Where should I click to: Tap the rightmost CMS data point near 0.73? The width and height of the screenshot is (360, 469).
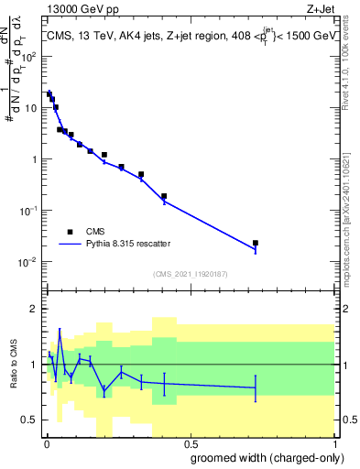pos(256,243)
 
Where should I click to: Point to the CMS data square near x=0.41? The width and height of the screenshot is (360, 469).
pos(164,196)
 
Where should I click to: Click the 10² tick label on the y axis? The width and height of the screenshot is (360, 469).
pos(28,57)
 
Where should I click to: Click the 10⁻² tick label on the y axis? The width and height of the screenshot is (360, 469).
pos(27,262)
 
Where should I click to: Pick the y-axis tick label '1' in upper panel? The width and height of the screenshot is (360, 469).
pos(33,159)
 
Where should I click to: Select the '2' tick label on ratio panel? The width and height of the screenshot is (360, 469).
pos(33,309)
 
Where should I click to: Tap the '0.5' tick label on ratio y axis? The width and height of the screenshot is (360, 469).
pos(27,420)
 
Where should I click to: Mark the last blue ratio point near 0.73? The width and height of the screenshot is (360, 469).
pos(256,388)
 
